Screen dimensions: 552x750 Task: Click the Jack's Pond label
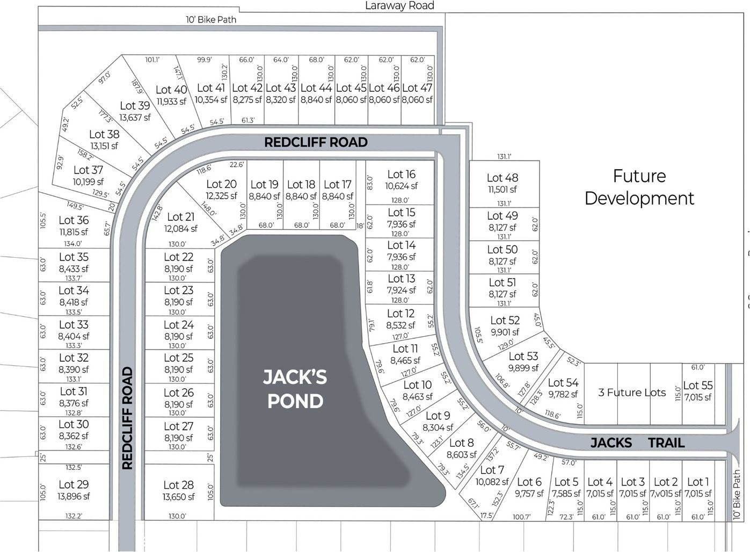click(295, 389)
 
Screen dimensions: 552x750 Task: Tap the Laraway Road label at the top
click(399, 5)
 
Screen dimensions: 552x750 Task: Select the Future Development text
click(639, 187)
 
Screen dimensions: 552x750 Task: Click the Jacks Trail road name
click(637, 442)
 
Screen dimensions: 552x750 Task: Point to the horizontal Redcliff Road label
click(316, 142)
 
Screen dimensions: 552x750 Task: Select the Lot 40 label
click(171, 90)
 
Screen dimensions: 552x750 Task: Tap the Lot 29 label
click(74, 484)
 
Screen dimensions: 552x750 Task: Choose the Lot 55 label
click(698, 386)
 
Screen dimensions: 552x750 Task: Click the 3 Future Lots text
click(632, 393)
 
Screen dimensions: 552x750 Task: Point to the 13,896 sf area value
click(74, 497)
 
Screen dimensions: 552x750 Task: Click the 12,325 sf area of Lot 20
click(221, 196)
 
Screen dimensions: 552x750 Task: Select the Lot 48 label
click(503, 178)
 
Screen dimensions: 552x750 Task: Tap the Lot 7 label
click(492, 470)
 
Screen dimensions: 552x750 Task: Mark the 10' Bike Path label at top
click(211, 19)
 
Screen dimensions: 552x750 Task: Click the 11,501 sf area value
click(503, 190)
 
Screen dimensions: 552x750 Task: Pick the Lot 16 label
click(401, 175)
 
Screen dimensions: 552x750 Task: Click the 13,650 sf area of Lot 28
click(178, 497)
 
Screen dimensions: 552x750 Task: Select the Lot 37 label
click(88, 170)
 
